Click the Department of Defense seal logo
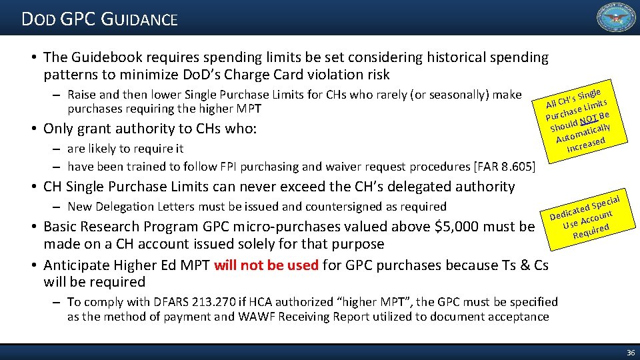coord(615,18)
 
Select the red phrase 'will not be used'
coord(266,265)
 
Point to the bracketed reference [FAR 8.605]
coord(503,167)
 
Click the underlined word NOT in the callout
coord(589,119)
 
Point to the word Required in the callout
coord(591,231)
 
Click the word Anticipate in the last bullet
coord(75,265)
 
